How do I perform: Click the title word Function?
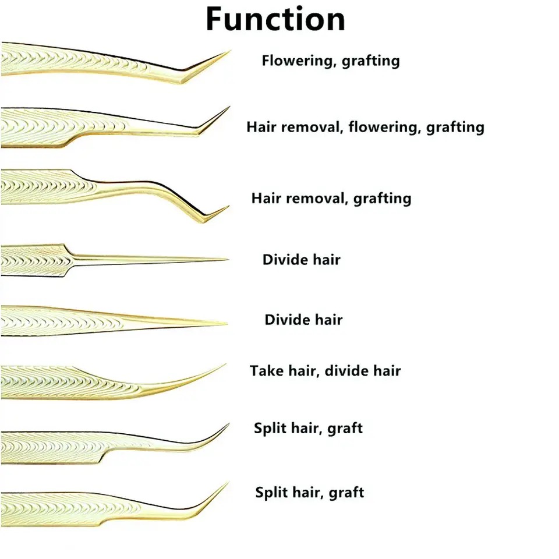pos(275,20)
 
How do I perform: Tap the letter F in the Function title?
pos(215,20)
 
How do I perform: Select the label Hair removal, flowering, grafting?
pos(365,127)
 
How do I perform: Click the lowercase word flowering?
pos(383,127)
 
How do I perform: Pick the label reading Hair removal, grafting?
pos(331,198)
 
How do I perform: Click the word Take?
pos(267,370)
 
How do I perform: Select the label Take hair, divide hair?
pos(326,370)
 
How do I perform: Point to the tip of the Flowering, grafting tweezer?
pos(228,52)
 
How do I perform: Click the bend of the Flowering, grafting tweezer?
pos(185,79)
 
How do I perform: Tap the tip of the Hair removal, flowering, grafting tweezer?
pos(228,108)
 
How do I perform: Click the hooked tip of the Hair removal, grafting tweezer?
pos(227,207)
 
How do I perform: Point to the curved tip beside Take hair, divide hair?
pos(224,366)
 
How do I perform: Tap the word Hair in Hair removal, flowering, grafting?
pos(261,127)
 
